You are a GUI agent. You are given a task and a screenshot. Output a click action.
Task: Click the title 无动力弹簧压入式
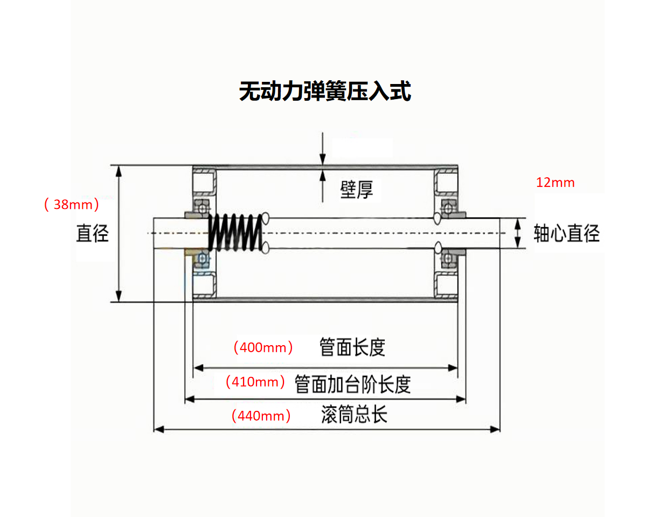coord(325,91)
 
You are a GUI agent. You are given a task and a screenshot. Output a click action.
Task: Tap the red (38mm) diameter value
coord(72,205)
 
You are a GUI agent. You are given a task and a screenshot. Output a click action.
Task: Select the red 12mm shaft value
coord(555,183)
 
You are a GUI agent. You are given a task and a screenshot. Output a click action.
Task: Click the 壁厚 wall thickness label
coord(356,190)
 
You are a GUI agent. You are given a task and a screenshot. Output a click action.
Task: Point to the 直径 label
coord(93,233)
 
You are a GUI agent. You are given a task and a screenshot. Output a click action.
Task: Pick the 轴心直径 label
coord(566,233)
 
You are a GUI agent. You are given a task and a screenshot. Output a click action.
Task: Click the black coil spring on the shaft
coord(235,233)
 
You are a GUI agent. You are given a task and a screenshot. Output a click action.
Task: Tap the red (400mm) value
coord(263,347)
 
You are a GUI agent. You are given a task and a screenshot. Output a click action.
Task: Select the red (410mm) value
coord(255,382)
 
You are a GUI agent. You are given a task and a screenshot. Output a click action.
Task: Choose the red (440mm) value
coord(261,416)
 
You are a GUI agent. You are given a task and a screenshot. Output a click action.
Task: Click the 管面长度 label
coord(352,347)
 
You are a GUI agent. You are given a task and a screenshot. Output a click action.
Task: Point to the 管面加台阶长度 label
coord(353,384)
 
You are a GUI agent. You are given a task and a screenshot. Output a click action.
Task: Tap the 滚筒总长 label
coord(354,415)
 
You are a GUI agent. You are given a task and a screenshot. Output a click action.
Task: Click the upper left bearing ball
coord(203,207)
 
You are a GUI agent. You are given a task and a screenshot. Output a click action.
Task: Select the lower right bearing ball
coord(447,259)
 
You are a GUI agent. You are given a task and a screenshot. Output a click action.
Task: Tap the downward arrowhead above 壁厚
coord(322,159)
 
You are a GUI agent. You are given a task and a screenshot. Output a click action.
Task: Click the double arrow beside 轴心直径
coord(518,233)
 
